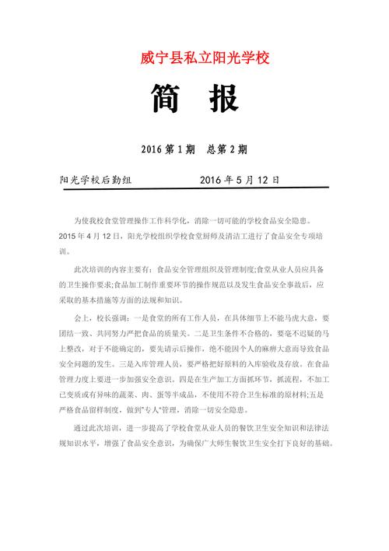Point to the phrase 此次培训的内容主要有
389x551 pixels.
(x=110, y=269)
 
